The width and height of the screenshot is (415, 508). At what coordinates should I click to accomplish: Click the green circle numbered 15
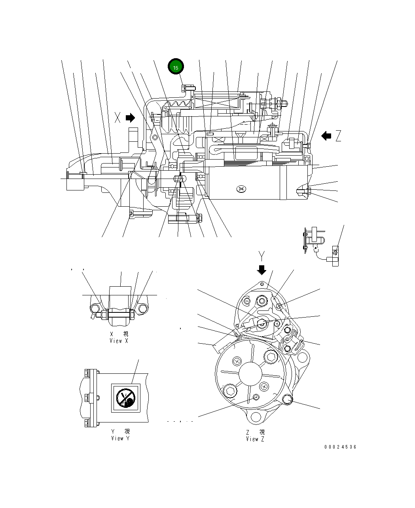176,67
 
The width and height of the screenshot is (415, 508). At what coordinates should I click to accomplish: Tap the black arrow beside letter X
130,118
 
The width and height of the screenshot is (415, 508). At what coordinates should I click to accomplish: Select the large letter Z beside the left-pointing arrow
337,136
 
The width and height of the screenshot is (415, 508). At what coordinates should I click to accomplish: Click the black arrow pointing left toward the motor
326,136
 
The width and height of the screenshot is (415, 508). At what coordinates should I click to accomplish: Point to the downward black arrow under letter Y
261,270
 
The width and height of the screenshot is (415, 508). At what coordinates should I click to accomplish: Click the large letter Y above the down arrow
261,255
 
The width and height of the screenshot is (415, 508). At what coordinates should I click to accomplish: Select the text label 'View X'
119,341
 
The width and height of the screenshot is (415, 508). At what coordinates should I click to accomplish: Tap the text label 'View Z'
255,439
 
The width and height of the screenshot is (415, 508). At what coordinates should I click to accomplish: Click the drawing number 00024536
340,447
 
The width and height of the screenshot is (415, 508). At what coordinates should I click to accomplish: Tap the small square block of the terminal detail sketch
335,252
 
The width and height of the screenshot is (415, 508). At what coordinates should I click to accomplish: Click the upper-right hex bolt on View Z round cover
271,358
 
